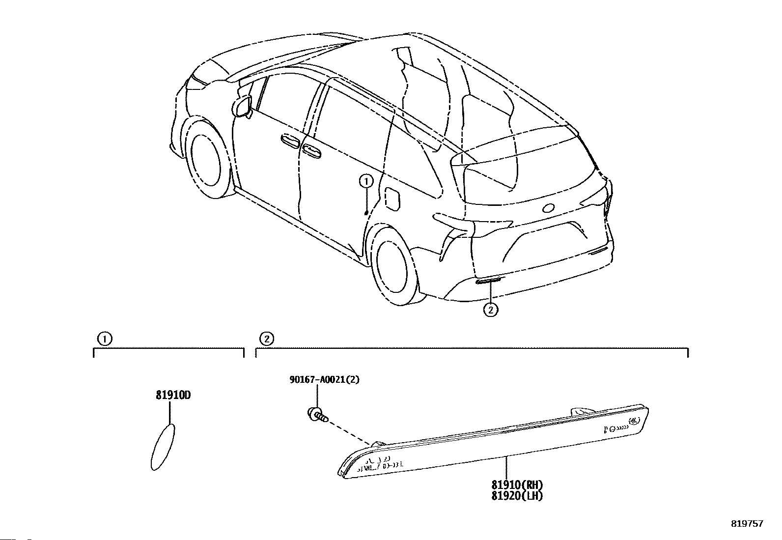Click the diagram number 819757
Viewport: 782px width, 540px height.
click(747, 524)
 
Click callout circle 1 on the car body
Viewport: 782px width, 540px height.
click(366, 182)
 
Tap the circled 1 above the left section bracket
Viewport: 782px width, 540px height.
click(104, 339)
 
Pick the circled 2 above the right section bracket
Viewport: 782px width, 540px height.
click(266, 339)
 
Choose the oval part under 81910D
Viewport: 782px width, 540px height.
click(162, 448)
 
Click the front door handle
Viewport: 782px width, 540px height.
click(289, 142)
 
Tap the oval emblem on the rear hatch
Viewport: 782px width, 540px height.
click(548, 208)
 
